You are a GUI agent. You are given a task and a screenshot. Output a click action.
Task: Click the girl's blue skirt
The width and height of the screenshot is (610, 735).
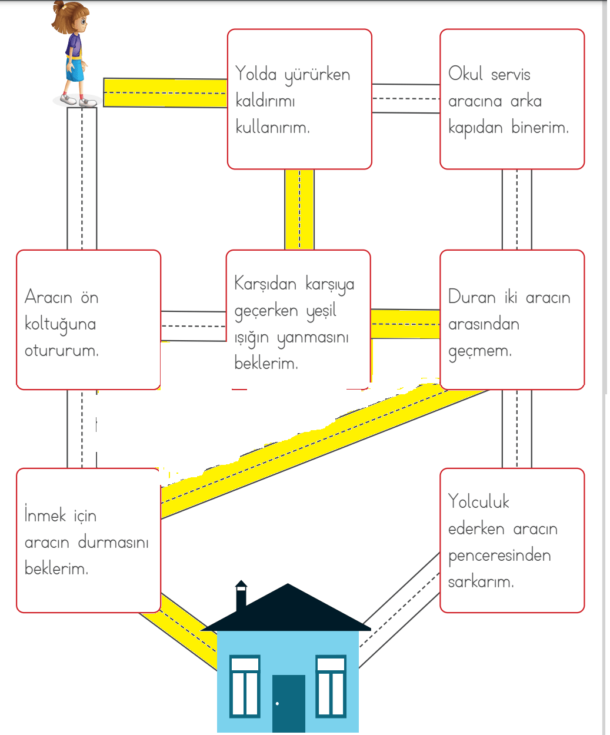[75, 69]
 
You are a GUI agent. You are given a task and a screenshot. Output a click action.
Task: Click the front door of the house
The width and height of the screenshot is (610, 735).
[288, 703]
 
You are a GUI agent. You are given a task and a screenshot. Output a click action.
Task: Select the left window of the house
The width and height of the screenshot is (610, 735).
[245, 686]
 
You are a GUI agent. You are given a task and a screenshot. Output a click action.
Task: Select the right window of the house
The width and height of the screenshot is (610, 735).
[331, 686]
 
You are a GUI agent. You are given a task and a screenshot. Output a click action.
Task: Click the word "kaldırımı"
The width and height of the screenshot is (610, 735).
[265, 101]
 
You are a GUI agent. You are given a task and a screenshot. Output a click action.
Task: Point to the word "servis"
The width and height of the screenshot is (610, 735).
[510, 75]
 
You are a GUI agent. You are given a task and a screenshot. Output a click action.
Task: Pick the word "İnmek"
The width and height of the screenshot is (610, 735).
[45, 515]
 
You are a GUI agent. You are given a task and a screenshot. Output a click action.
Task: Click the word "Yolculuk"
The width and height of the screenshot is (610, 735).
[479, 501]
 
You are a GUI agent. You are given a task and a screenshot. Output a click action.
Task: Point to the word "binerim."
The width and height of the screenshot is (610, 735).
[540, 128]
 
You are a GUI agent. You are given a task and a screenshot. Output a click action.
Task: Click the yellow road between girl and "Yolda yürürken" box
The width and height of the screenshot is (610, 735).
[165, 93]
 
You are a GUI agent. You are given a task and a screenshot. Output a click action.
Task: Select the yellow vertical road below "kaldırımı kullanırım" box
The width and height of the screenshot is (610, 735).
[299, 209]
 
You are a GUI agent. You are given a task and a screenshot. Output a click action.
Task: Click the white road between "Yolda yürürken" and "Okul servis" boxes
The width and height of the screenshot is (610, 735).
[406, 98]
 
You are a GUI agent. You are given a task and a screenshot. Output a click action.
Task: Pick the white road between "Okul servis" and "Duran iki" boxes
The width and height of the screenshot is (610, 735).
[516, 209]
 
